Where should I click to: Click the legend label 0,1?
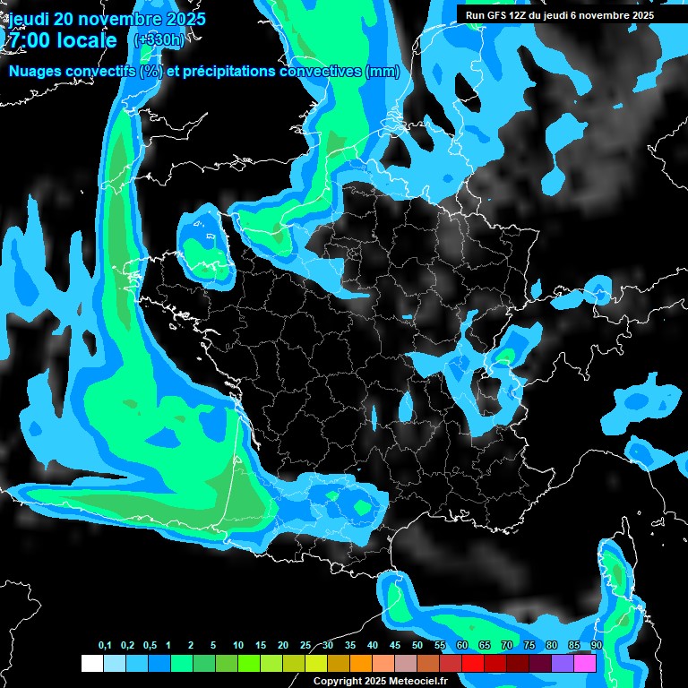pos(105,646)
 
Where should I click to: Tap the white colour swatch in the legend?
pos(91,663)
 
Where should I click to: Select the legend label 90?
pos(597,646)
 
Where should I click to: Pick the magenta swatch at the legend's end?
pos(585,663)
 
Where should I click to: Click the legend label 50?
pos(417,646)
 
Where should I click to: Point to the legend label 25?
pos(305,646)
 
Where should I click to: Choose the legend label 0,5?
pos(150,646)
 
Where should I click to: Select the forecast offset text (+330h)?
pos(159,40)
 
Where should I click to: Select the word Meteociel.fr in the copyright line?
pos(418,681)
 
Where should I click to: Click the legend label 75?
pos(529,646)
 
